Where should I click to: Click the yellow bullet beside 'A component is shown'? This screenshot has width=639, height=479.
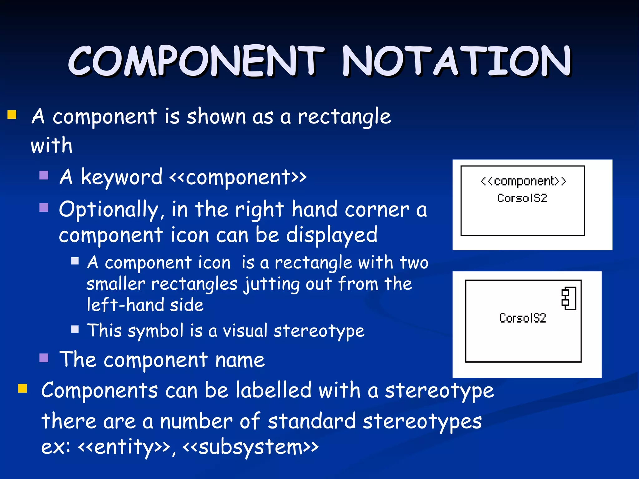[x=12, y=115]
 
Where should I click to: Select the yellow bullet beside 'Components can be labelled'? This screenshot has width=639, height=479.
[x=22, y=389]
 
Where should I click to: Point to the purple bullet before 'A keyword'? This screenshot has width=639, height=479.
[x=44, y=175]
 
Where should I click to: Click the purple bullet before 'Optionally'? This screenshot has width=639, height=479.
[x=44, y=207]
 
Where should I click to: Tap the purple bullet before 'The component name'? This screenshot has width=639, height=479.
[x=44, y=358]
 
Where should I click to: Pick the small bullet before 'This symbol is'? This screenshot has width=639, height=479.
[x=75, y=329]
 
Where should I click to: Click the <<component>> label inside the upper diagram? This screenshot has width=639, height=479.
[x=523, y=181]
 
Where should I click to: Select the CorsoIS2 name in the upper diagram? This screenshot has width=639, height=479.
[x=522, y=198]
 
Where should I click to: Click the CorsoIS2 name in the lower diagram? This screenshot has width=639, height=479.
[x=523, y=318]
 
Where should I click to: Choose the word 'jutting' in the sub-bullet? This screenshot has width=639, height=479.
[x=271, y=284]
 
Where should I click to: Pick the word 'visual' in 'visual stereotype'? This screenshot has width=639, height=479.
[x=245, y=331]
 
